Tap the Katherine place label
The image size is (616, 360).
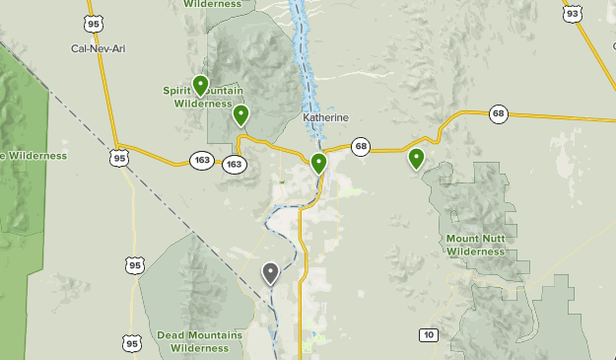pos(325,117)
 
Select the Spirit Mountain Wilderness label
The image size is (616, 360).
pos(203,96)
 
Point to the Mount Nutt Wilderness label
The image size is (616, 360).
pos(476,245)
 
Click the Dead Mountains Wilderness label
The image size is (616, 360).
pos(199,341)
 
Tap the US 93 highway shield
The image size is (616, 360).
pos(573,14)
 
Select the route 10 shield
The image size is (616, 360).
pos(427,334)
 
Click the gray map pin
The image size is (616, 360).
pos(271,272)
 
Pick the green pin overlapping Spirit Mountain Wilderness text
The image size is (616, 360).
pos(200,85)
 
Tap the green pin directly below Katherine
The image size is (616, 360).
pos(318,163)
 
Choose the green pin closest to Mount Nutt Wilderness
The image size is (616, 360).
pos(416,157)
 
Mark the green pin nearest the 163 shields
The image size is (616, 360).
pos(240,115)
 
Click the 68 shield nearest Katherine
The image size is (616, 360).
pos(362,147)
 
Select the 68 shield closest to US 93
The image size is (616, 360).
pos(498,114)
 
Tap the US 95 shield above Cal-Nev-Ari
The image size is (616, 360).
pos(94,23)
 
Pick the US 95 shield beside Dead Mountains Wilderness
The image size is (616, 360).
pos(132,342)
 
